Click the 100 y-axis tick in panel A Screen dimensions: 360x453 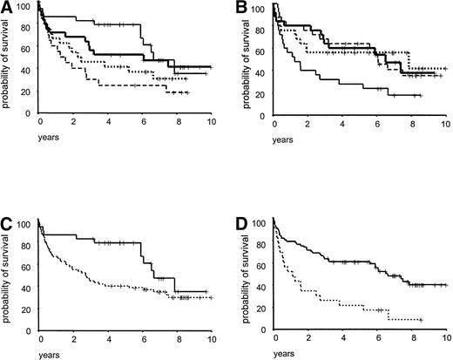click(24, 7)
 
